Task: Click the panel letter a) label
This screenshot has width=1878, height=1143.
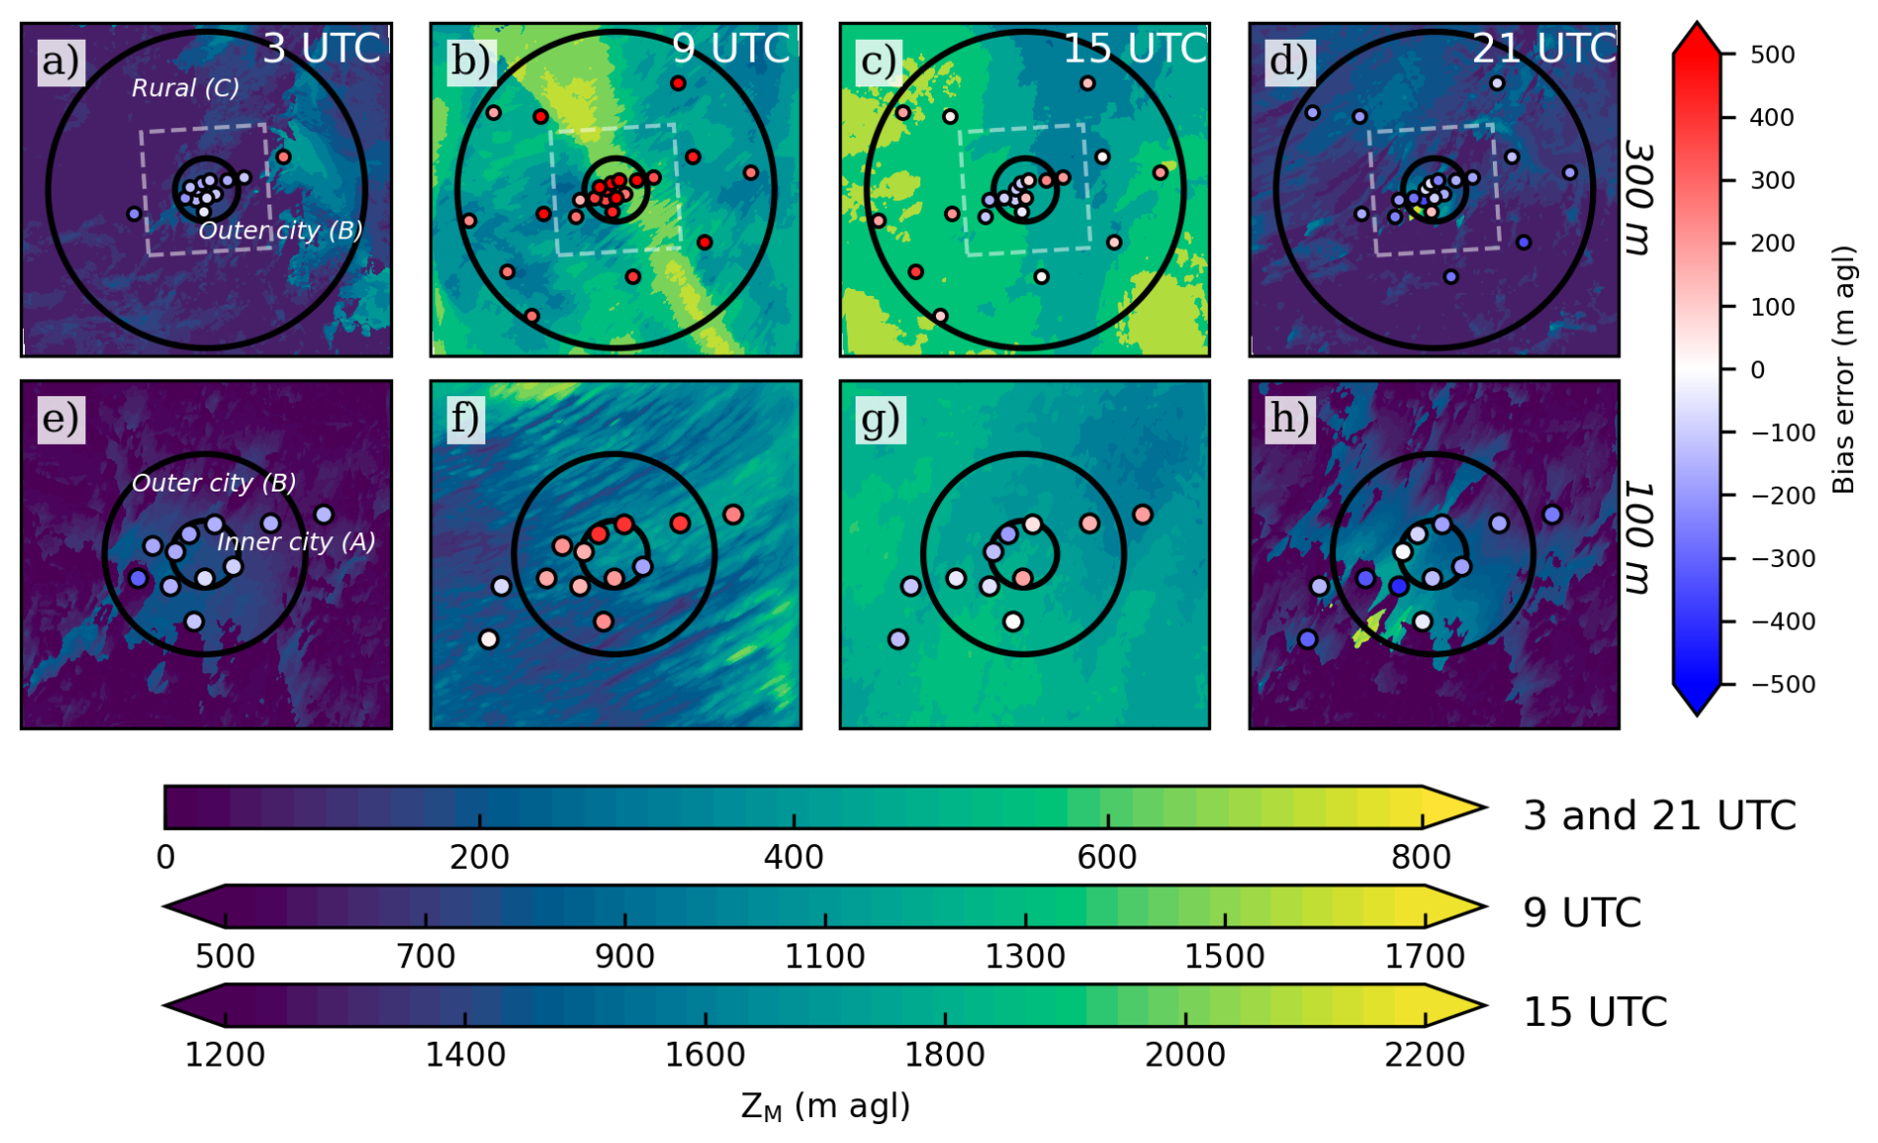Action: (x=61, y=62)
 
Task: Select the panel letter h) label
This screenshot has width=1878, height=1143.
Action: (x=1289, y=419)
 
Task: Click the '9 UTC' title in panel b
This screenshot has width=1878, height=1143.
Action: (x=731, y=48)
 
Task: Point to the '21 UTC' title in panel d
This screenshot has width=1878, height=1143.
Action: (x=1543, y=48)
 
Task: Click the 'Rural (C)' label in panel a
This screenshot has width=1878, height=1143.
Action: (x=186, y=88)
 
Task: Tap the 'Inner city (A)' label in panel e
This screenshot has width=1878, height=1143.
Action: (x=296, y=542)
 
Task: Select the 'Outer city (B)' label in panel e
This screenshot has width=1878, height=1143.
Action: (x=213, y=484)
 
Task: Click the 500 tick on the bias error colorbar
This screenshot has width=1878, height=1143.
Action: (x=1772, y=55)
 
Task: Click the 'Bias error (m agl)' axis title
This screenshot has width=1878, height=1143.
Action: (x=1843, y=369)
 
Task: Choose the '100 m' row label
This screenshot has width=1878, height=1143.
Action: (x=1641, y=538)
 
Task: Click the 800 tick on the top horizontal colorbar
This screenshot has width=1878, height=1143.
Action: (x=1421, y=857)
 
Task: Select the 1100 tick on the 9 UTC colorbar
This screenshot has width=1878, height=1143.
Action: (x=825, y=956)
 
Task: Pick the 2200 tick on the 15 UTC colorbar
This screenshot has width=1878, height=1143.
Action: (x=1424, y=1054)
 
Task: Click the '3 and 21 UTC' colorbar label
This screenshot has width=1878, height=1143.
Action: (x=1660, y=816)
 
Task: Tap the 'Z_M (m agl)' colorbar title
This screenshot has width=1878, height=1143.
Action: (x=825, y=1106)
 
